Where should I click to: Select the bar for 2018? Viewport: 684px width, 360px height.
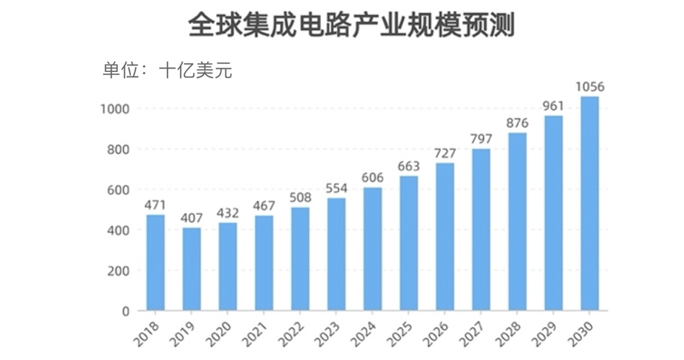156,263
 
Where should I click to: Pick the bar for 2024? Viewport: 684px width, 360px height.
372,249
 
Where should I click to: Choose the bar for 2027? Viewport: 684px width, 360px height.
481,230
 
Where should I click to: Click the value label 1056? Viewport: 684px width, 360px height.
589,87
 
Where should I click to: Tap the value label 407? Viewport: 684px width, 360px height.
192,217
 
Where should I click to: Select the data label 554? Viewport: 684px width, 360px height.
336,188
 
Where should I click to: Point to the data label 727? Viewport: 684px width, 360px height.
445,153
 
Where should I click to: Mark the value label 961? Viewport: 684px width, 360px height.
553,106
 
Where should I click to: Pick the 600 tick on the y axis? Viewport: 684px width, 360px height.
117,189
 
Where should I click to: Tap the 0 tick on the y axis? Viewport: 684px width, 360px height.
125,311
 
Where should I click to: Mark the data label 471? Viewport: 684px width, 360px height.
156,204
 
